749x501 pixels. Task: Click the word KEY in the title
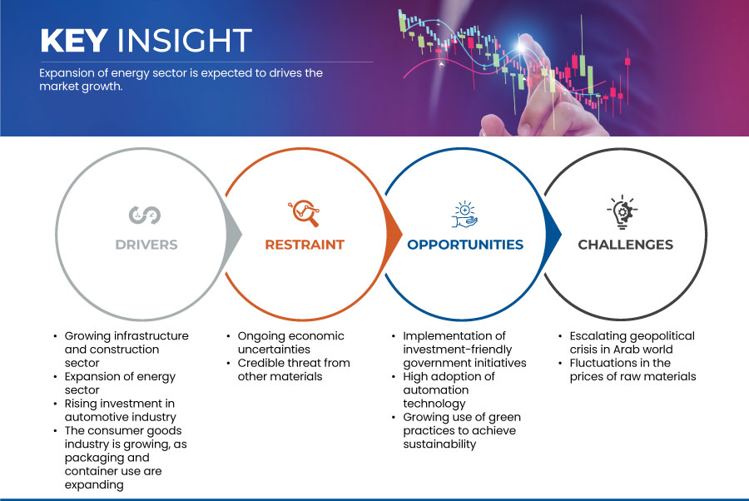pos(74,40)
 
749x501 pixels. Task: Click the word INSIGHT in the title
pos(185,40)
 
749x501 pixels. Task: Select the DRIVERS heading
pos(146,245)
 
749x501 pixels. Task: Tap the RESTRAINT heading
pos(305,245)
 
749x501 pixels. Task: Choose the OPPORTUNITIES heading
pos(465,245)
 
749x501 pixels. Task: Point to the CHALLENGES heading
pos(625,245)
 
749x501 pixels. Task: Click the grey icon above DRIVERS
pos(145,215)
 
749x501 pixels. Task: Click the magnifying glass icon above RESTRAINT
pos(304,213)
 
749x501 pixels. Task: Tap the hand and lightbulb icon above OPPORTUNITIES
pos(464,215)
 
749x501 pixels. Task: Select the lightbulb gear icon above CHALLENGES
pos(623,211)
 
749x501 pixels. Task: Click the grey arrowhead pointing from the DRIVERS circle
pos(234,234)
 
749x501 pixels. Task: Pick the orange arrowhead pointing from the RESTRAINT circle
pos(394,234)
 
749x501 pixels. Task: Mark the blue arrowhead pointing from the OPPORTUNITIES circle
pos(553,234)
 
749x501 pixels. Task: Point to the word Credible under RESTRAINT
pos(260,363)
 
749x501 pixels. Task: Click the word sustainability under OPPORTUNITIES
pos(439,444)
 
